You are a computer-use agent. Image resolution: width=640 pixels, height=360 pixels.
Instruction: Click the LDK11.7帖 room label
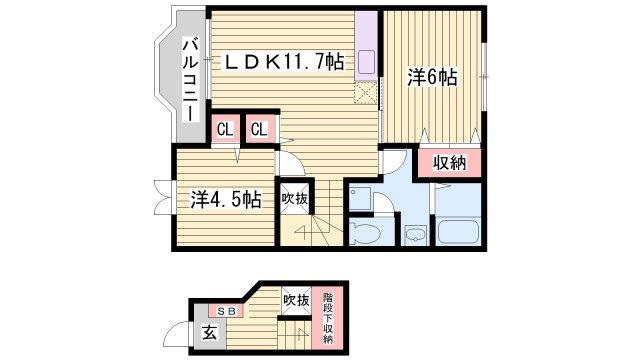282,62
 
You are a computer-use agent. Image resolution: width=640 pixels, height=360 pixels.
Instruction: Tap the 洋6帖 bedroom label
432,77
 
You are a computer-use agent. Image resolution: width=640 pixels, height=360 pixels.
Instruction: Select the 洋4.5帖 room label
226,200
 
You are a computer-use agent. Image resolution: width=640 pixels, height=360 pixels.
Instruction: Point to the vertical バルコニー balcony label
190,80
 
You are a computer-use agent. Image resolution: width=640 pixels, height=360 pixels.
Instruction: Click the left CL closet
225,129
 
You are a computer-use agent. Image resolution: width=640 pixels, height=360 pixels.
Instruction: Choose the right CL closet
259,129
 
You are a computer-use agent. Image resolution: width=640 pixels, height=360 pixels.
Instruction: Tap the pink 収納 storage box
449,163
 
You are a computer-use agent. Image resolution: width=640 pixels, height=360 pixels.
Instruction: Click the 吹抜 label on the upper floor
294,199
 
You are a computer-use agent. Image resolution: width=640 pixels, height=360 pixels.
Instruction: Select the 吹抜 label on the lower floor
296,300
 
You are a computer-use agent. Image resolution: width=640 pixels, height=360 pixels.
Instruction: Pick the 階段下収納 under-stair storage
328,318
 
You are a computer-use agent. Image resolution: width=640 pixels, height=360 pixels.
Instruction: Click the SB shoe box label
226,311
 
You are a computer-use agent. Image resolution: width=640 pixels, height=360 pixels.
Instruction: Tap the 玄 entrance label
209,333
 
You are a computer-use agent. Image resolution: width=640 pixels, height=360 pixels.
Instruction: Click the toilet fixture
364,234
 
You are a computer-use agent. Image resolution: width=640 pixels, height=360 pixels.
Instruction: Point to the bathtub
458,231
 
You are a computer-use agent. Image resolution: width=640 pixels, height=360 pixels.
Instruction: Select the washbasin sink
416,235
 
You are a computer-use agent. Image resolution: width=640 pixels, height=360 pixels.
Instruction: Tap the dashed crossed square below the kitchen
365,93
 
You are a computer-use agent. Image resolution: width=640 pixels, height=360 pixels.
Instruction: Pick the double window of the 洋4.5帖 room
164,197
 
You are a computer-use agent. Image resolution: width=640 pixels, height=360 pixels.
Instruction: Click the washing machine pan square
360,199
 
